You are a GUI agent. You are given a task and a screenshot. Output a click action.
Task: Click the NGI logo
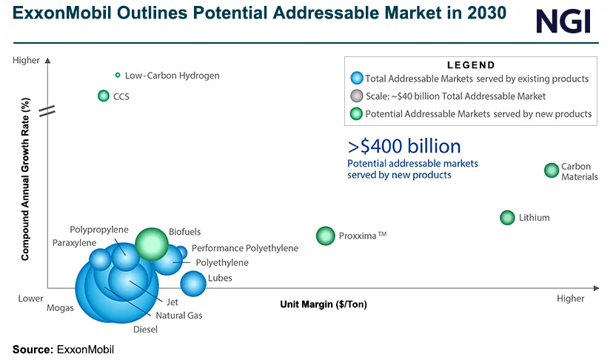[x=564, y=21]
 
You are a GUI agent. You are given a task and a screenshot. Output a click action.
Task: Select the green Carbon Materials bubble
[x=552, y=170]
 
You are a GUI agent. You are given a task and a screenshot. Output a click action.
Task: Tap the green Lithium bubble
[x=507, y=218]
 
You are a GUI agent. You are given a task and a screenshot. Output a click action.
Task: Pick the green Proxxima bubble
[x=326, y=236]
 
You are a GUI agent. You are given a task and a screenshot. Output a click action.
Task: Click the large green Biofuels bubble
[x=153, y=244]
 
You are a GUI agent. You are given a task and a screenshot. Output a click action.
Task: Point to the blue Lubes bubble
[x=193, y=282]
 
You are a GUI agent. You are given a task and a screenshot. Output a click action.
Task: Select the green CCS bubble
[x=104, y=96]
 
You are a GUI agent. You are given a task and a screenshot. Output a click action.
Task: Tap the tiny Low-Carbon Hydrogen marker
[x=117, y=75]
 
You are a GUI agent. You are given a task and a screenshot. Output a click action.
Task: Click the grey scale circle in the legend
[x=357, y=96]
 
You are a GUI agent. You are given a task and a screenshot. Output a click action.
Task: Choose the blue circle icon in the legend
[x=357, y=79]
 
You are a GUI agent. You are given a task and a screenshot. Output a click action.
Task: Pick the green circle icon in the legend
[x=357, y=114]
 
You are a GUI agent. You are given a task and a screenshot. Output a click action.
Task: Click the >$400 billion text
[x=404, y=146]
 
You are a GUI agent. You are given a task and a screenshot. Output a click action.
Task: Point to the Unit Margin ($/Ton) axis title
[x=324, y=304]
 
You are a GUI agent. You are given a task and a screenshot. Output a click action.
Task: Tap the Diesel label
[x=145, y=330]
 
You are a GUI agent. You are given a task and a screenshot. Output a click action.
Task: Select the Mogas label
[x=60, y=308]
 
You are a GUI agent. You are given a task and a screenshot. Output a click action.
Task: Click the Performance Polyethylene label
[x=245, y=248]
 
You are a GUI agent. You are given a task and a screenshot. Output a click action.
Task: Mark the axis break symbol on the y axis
[x=47, y=111]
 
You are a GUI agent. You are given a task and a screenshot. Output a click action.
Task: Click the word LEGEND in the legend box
[x=472, y=65]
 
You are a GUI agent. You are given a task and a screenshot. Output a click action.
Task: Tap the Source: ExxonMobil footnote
[x=63, y=349]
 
